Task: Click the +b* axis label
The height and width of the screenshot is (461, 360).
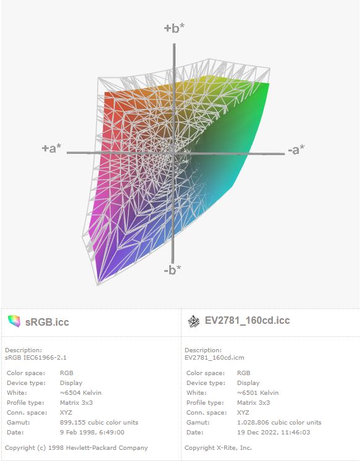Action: (174, 28)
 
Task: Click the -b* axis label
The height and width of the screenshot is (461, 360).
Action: (172, 269)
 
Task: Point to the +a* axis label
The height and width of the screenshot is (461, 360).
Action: (52, 148)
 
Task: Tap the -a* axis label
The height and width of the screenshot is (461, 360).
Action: (296, 150)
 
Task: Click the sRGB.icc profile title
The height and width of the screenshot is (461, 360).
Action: (47, 322)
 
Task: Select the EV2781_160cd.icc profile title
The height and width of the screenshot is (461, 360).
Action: (247, 320)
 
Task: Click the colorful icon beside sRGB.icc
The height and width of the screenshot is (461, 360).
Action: (14, 321)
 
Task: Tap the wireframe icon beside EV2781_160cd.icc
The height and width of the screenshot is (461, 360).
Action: (193, 321)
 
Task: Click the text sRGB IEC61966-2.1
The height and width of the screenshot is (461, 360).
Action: (36, 358)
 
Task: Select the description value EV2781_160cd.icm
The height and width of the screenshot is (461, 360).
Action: (214, 358)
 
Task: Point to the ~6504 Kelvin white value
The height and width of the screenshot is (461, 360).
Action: (80, 393)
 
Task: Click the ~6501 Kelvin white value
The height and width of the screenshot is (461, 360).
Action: (257, 393)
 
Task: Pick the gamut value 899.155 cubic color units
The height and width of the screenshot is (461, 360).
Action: (99, 423)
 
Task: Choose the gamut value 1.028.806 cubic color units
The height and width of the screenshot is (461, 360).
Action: (279, 423)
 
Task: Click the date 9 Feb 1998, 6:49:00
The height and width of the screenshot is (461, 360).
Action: (92, 432)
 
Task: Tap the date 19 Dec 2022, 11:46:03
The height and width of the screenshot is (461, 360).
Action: (274, 432)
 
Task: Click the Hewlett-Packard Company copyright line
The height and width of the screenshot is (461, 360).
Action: (77, 448)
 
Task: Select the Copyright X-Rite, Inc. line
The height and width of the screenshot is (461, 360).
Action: (218, 448)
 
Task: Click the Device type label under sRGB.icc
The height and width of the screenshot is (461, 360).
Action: (26, 383)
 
